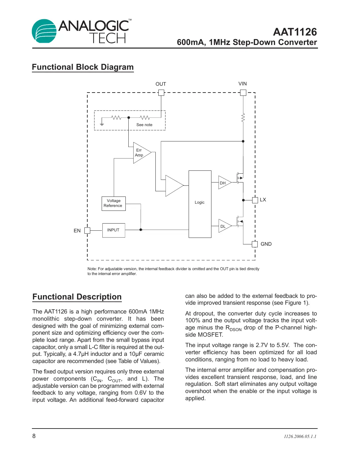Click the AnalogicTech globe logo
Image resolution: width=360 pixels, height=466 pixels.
pos(44,31)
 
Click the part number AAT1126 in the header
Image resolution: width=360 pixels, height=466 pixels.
pos(295,32)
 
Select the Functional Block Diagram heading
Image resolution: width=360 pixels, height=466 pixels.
pos(83,67)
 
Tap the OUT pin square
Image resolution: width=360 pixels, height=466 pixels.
pos(161,93)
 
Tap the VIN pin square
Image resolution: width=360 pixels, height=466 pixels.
pos(243,93)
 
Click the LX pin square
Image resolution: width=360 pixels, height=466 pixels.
pos(255,200)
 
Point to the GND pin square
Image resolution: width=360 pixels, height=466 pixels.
pos(255,244)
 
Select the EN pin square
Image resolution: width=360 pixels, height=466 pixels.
pos(87,230)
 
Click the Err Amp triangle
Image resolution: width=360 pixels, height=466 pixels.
pos(141,153)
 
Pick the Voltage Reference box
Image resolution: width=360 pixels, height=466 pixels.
pos(113,203)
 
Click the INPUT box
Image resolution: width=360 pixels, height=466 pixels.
pos(113,230)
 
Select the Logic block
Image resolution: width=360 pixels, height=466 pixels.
pos(200,204)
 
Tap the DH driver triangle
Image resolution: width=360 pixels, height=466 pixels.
pos(224,182)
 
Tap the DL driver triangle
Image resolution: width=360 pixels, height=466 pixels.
pos(224,226)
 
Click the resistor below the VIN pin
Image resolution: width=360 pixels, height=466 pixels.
pos(243,118)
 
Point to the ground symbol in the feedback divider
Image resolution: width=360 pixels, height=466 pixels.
pos(102,124)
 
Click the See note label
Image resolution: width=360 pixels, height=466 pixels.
pos(144,125)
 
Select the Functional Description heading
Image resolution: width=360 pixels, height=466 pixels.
pos(77,297)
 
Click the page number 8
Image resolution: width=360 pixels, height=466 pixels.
pos(34,436)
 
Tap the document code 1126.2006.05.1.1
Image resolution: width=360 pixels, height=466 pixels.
pos(300,437)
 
